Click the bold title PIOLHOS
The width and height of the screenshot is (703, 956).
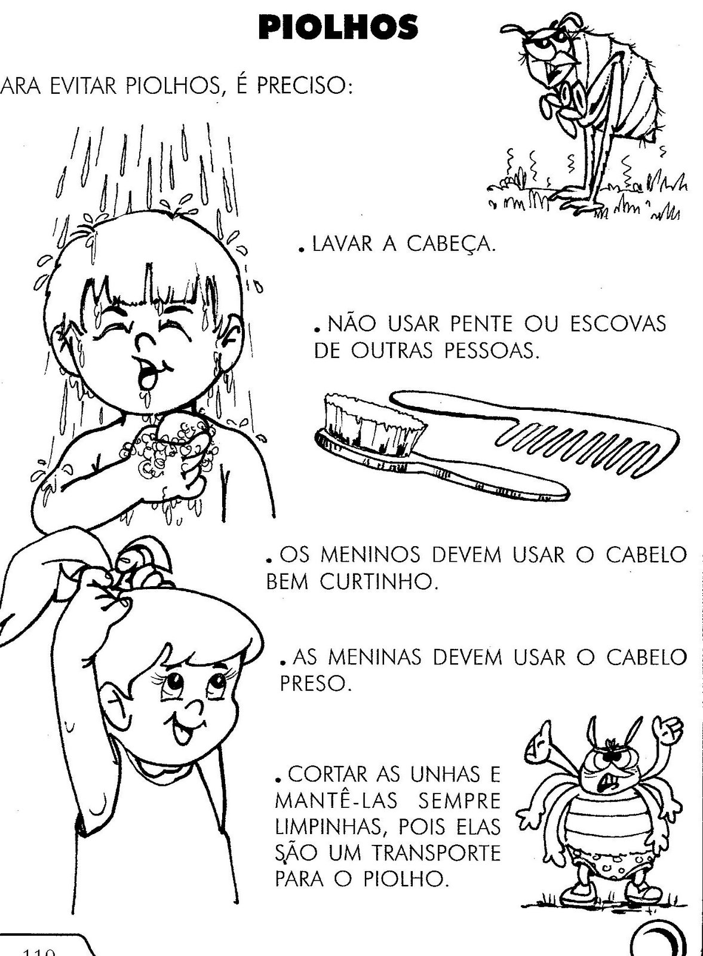338,27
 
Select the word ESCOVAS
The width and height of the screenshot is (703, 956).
618,325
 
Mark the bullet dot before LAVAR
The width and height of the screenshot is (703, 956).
302,252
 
